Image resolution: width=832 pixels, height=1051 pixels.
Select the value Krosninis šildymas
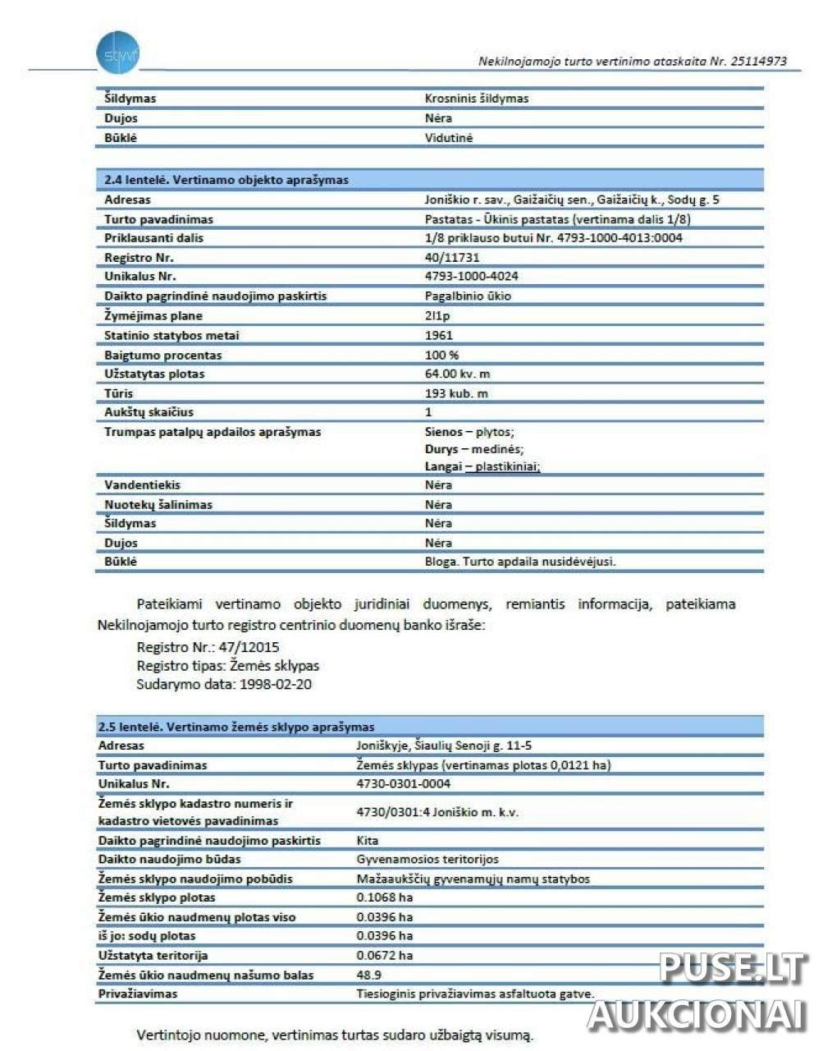pos(477,99)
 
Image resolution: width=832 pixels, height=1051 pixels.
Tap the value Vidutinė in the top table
pos(449,138)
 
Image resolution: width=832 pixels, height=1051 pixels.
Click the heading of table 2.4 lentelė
pos(226,180)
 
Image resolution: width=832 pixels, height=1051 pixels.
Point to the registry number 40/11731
pos(452,258)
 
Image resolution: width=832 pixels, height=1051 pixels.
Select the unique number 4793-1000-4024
pos(471,277)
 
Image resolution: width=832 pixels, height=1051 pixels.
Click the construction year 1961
pos(438,335)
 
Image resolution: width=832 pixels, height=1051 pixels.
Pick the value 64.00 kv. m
pos(457,374)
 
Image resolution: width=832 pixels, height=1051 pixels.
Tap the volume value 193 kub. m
pos(456,393)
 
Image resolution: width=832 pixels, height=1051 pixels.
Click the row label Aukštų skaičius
pos(149,412)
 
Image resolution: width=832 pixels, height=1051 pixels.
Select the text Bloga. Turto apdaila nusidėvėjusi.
pos(519,562)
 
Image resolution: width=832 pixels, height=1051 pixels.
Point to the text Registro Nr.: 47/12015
pos(208,647)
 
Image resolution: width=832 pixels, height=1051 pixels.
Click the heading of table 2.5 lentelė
pos(236,727)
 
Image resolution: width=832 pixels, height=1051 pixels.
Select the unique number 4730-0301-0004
pos(403,784)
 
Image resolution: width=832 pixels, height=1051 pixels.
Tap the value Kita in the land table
pos(368,841)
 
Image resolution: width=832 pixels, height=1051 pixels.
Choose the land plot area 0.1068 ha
pos(384,897)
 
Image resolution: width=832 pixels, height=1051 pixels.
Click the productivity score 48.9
pos(368,975)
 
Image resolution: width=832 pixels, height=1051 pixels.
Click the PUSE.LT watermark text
pos(733,968)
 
